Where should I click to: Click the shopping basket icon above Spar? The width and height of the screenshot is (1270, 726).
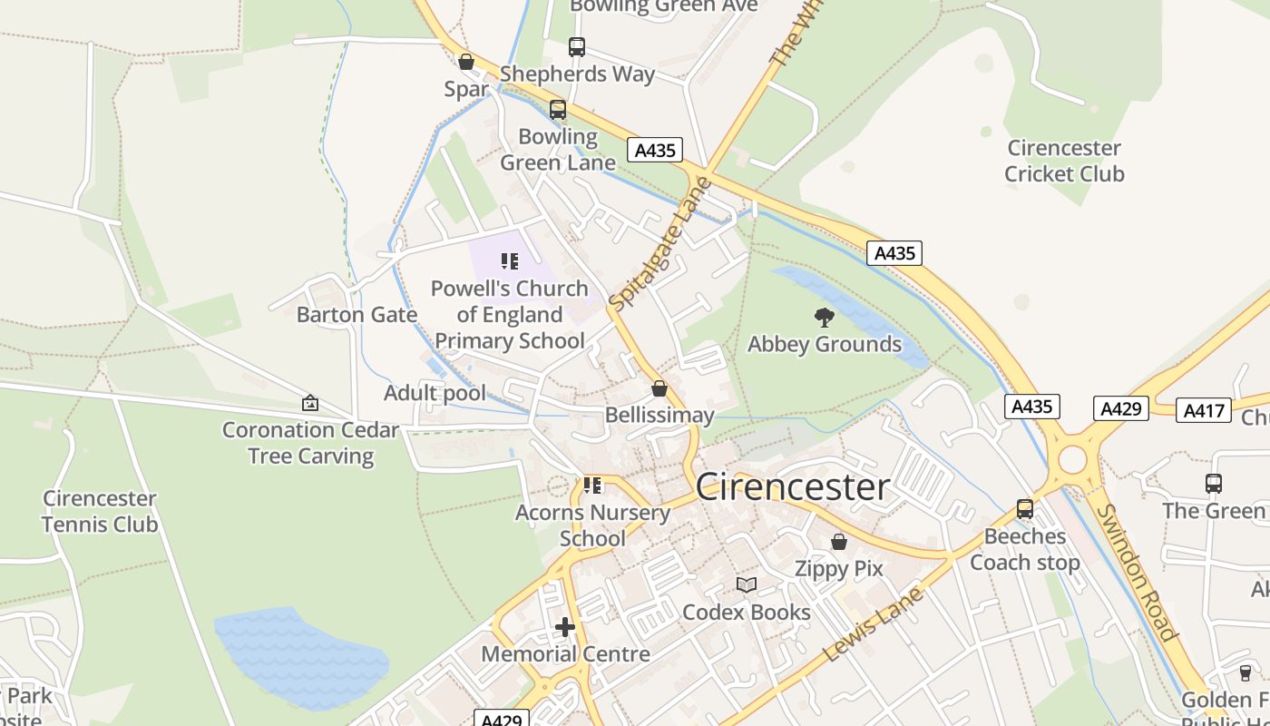pos(465,62)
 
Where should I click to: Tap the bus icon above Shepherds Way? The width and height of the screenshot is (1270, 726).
pos(576,46)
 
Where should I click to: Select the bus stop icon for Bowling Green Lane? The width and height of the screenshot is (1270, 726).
pos(558,110)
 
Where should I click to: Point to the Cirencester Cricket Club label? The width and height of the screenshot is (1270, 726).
pos(1064,161)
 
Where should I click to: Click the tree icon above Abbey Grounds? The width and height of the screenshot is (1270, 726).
pos(824,318)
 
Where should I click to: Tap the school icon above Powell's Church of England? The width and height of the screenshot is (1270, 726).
pos(510,262)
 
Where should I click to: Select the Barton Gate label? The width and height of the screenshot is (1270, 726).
pos(357,315)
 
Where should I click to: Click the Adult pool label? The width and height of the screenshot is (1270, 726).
pos(435,393)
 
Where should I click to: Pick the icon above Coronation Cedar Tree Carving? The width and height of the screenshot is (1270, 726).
pos(310,403)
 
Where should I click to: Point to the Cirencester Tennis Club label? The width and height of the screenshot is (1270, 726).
pos(100,511)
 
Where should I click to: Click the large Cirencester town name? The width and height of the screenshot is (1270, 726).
pos(793,487)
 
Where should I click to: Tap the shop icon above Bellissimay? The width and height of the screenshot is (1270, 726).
pos(659,388)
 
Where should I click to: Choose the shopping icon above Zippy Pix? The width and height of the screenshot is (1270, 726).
pos(839,542)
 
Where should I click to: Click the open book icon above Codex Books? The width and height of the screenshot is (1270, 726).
pos(746,585)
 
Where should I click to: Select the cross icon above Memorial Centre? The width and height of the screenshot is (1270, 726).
pos(565,627)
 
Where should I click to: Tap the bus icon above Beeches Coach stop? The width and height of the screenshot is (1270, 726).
pos(1025,509)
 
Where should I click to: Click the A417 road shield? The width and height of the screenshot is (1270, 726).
pos(1203,410)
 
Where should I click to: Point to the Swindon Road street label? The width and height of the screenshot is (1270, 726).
pos(1137,573)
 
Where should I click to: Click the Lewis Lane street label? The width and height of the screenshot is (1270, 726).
pos(873,624)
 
